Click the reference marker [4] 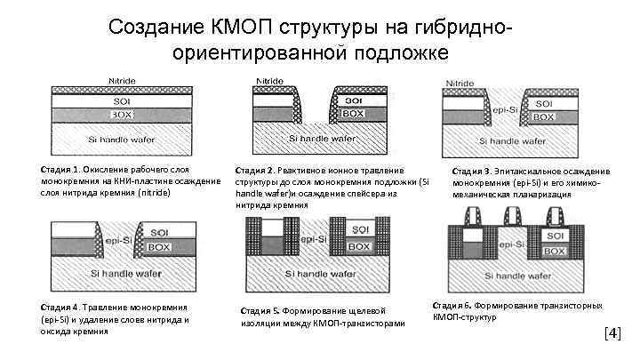612,334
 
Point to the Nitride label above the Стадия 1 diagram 122,81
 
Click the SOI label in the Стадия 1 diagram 122,101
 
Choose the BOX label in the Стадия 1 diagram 122,115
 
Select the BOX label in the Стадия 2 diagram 353,114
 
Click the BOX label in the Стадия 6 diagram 555,252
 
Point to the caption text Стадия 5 260,311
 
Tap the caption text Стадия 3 471,171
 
